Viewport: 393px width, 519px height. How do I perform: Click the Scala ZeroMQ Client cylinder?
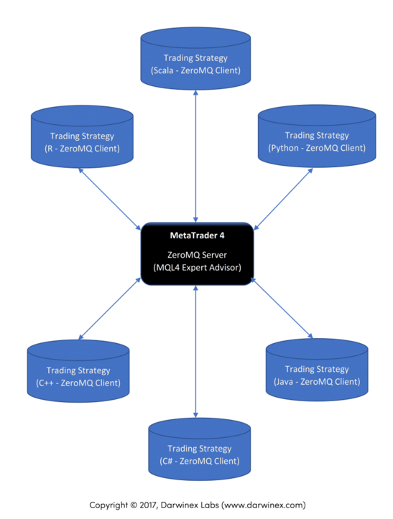point(195,59)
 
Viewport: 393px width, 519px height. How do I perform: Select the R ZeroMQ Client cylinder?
point(82,136)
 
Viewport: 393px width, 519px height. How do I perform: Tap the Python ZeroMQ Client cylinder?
point(317,136)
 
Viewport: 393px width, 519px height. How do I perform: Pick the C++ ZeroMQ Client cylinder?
point(78,371)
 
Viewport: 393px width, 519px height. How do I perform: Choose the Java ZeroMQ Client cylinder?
point(317,370)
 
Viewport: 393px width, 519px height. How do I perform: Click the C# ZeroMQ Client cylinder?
point(200,449)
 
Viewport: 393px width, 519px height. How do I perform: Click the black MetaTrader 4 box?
point(197,254)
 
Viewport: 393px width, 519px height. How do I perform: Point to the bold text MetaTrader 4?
point(197,235)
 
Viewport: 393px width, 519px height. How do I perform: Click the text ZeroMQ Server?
point(197,255)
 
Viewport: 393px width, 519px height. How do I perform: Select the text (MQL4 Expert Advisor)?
point(197,268)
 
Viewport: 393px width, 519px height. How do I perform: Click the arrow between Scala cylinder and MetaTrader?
point(195,156)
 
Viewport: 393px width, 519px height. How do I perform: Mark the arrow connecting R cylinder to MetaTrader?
point(110,199)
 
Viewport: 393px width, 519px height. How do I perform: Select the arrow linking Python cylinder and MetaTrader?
point(283,199)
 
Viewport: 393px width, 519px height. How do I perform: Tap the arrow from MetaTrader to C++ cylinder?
point(110,309)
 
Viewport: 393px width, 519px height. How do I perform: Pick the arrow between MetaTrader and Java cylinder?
point(282,308)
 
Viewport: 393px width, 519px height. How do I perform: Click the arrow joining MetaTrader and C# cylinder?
point(195,352)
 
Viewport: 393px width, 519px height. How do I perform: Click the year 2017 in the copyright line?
point(149,505)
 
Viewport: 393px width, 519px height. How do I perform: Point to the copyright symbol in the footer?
point(134,505)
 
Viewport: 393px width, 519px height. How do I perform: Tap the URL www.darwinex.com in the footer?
point(264,505)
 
